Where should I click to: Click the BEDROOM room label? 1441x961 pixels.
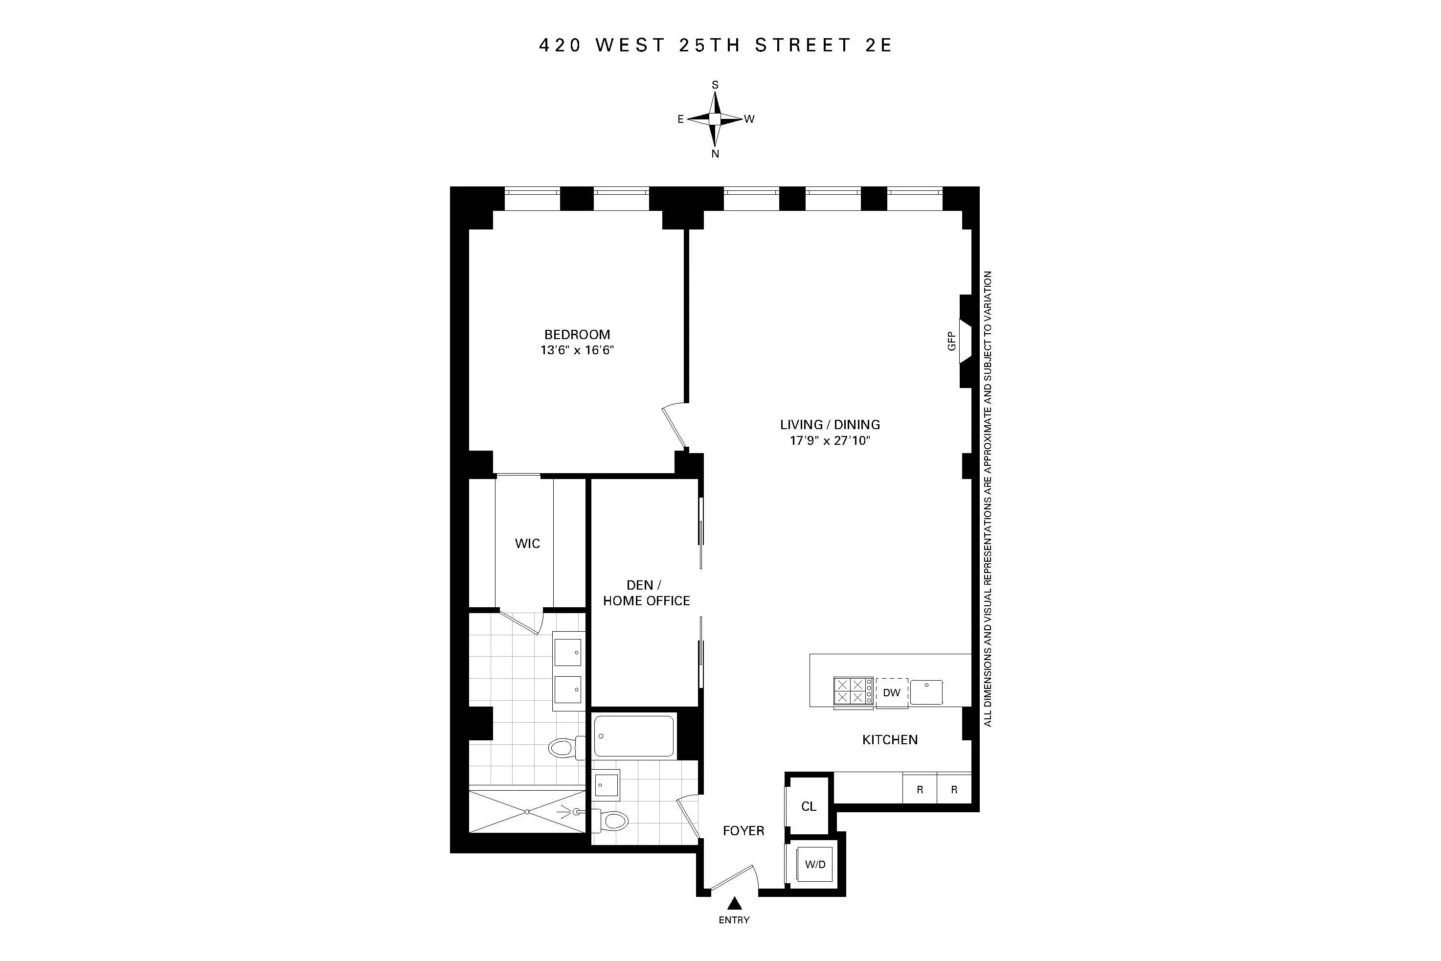coord(577,334)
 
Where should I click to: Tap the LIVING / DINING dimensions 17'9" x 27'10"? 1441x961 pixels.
coord(830,440)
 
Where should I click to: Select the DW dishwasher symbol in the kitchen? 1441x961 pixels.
coord(891,692)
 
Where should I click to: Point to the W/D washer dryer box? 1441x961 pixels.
coord(815,864)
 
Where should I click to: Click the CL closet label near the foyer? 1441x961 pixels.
coord(808,806)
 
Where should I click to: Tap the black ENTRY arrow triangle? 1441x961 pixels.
coord(734,903)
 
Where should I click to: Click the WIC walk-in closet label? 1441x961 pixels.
coord(527,543)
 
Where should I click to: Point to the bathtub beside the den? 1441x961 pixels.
coord(633,736)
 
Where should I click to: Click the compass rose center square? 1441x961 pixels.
coord(714,119)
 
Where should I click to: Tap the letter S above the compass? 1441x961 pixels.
coord(714,85)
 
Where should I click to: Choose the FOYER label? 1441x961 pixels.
coord(743,830)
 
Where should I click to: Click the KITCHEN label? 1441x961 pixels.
coord(890,740)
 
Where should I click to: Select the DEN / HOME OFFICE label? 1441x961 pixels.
coord(646,593)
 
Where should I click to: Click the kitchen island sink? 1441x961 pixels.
coord(926,692)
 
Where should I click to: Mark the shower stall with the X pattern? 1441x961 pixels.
coord(527,811)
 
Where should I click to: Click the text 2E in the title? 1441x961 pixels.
coord(878,46)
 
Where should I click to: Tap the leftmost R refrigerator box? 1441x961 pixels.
coord(919,789)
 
